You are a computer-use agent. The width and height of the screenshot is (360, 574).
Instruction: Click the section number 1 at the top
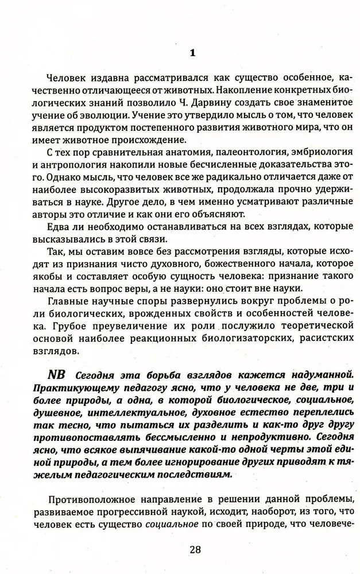click(193, 53)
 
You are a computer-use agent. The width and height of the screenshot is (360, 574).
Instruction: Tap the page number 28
click(195, 549)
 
